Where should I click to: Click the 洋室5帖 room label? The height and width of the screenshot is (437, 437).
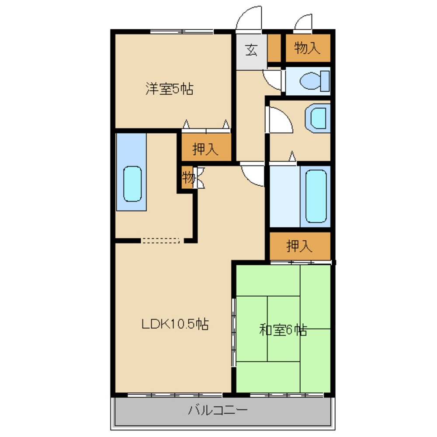169,89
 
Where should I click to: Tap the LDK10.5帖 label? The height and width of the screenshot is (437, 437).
175,324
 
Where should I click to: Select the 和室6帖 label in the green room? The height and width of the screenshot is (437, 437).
283,330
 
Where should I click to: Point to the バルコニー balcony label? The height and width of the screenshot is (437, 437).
218,410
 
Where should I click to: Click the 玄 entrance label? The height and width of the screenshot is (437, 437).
251,50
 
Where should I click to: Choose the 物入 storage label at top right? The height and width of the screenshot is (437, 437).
307,48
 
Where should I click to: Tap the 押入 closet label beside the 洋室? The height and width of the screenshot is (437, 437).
205,149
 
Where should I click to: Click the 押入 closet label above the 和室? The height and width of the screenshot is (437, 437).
299,246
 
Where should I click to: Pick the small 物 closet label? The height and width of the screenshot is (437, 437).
188,177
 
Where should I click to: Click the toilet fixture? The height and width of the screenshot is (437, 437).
315,81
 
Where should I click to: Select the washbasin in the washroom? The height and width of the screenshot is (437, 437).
318,118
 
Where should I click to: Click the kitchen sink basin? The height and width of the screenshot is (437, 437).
132,184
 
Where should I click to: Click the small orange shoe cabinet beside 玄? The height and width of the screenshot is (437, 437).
274,48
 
